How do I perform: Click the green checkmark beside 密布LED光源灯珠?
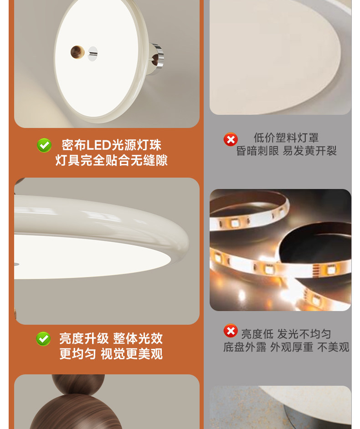[44, 145]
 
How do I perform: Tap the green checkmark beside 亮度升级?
[43, 339]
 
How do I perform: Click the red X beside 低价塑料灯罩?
[231, 139]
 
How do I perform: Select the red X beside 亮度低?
[231, 331]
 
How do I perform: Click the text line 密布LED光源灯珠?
[112, 145]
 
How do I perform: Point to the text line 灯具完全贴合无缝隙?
[112, 160]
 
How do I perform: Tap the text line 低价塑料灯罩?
[286, 138]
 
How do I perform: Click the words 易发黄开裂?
[309, 151]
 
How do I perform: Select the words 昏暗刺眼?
[257, 151]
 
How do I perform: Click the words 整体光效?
[138, 338]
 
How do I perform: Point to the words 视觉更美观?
[132, 354]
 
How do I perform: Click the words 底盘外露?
[245, 347]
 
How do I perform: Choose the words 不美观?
[333, 347]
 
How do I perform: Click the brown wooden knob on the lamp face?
[77, 52]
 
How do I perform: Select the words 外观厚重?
[292, 347]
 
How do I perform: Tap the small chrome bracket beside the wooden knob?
[93, 54]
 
